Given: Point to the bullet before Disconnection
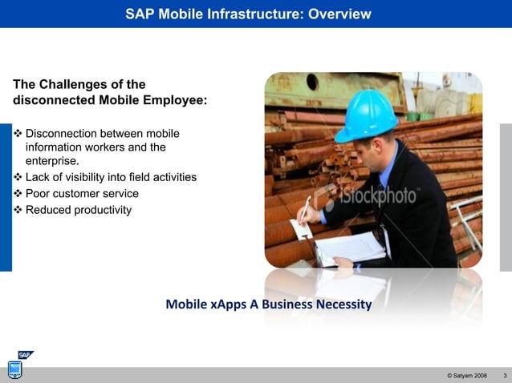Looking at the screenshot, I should point(18,132).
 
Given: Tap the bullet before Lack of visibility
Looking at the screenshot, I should point(18,177).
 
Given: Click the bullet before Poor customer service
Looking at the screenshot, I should point(18,194).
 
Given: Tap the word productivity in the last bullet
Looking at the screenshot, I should point(98,210).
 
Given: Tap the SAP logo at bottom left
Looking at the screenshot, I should point(26,356).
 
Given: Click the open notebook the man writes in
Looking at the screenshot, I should point(351,248).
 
